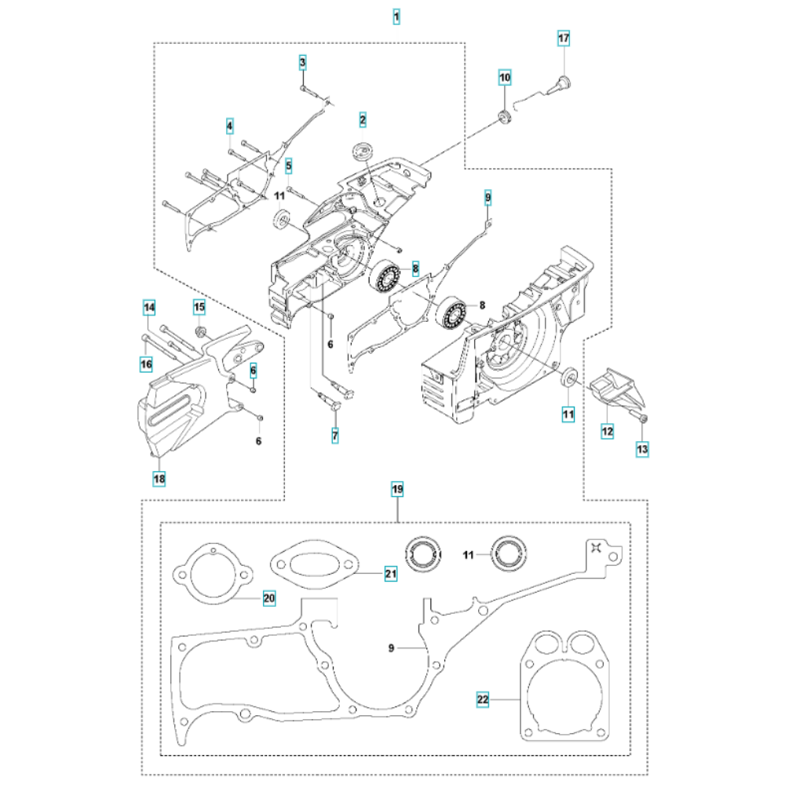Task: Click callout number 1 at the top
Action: (396, 16)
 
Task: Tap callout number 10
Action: (505, 78)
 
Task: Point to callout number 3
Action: (302, 62)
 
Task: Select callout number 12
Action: (608, 431)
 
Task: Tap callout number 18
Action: (159, 478)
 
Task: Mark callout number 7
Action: (335, 436)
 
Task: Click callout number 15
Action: (199, 307)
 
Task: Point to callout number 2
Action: (363, 119)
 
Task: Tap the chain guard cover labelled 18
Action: (188, 392)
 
